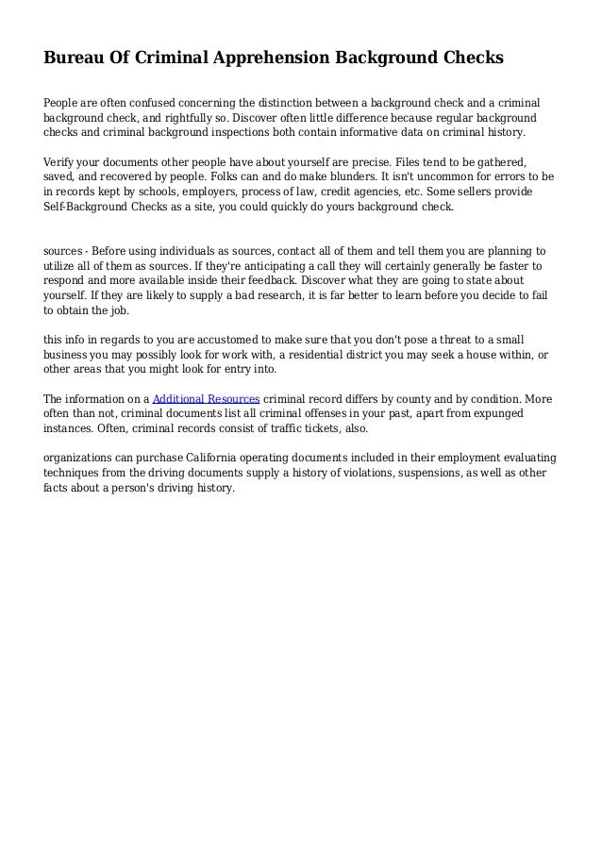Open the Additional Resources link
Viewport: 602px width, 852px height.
tap(206, 398)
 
